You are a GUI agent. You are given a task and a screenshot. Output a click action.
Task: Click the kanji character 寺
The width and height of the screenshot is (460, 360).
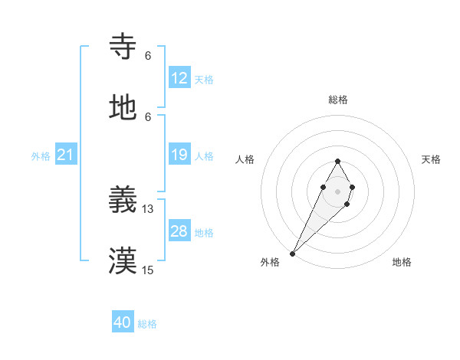tap(123, 47)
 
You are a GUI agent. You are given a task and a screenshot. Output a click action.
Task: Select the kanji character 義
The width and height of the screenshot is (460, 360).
tap(123, 201)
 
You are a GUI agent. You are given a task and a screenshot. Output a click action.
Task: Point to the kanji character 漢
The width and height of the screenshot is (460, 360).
tap(123, 262)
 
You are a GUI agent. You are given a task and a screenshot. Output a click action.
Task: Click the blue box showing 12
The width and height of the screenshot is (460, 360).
tap(179, 78)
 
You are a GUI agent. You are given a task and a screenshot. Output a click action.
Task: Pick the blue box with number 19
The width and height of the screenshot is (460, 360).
tap(179, 155)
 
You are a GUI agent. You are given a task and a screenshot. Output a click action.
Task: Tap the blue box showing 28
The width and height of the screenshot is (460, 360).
tap(179, 231)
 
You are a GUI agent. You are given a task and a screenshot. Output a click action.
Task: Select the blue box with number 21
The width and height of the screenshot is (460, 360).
tap(66, 155)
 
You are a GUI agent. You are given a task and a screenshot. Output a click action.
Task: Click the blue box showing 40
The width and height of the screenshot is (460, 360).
tap(123, 323)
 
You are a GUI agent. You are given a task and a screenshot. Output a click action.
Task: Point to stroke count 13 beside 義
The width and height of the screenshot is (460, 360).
tap(148, 209)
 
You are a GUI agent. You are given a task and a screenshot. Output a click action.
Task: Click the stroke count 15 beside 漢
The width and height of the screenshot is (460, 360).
tap(148, 270)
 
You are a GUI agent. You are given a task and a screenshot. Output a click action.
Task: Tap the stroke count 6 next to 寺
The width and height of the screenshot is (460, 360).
tap(148, 55)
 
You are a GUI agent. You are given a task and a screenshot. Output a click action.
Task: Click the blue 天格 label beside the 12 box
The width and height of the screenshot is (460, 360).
tap(204, 79)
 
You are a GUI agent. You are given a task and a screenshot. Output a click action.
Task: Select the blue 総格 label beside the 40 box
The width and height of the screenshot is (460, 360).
tap(147, 324)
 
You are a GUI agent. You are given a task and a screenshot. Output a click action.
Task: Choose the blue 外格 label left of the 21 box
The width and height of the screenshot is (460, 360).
tap(41, 156)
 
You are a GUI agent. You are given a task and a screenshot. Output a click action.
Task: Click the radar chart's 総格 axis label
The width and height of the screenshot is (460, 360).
tap(337, 100)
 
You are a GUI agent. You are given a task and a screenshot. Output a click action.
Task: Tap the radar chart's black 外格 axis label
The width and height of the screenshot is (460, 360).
tap(270, 262)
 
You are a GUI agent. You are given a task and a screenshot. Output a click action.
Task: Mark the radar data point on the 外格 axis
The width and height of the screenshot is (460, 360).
tap(292, 253)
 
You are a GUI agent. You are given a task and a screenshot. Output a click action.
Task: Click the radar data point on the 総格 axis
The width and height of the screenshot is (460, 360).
tap(337, 161)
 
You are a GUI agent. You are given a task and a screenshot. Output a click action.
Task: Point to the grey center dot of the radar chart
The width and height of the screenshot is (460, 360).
tap(337, 191)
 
